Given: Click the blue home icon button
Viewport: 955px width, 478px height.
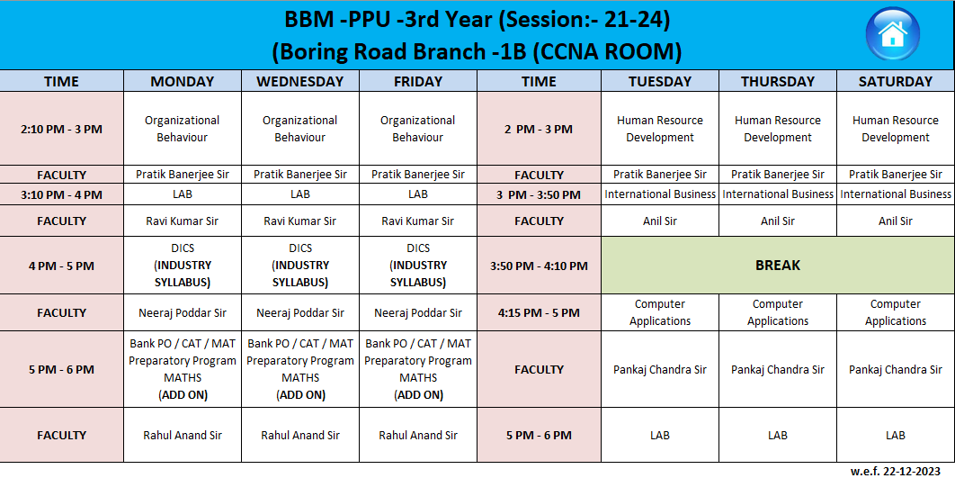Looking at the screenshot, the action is (892, 34).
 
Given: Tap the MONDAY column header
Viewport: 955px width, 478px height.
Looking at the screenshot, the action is (183, 81).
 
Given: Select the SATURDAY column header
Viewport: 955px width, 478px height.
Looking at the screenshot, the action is (896, 81).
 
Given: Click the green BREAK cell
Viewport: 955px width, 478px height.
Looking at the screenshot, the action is (778, 266).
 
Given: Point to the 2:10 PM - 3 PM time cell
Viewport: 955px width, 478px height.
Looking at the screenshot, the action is (61, 129).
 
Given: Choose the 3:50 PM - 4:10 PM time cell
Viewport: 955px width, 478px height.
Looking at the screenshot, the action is (539, 266).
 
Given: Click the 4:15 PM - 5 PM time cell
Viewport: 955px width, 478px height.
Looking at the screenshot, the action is (539, 312).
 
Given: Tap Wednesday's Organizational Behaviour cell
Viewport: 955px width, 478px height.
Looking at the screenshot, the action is (299, 129).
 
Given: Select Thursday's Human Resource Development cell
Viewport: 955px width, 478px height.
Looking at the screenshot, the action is (778, 129).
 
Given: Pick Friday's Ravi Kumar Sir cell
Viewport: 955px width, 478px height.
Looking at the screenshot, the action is (418, 221).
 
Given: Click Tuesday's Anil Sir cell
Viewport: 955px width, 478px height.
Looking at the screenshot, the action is (660, 221).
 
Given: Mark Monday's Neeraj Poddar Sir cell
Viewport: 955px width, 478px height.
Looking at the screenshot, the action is (183, 312).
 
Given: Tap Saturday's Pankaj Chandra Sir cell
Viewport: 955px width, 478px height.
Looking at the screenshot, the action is (896, 369).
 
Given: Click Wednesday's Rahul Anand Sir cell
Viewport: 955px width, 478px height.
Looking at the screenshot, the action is (299, 436).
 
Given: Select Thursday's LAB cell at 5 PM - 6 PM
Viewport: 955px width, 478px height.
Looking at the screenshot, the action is (778, 436).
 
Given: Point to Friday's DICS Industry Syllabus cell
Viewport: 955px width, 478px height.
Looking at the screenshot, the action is (418, 266).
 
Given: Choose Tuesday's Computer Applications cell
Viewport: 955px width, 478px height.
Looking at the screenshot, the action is (660, 312).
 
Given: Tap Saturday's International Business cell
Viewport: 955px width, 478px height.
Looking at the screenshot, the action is (896, 194).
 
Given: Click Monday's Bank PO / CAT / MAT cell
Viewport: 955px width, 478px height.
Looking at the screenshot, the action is (183, 369).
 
